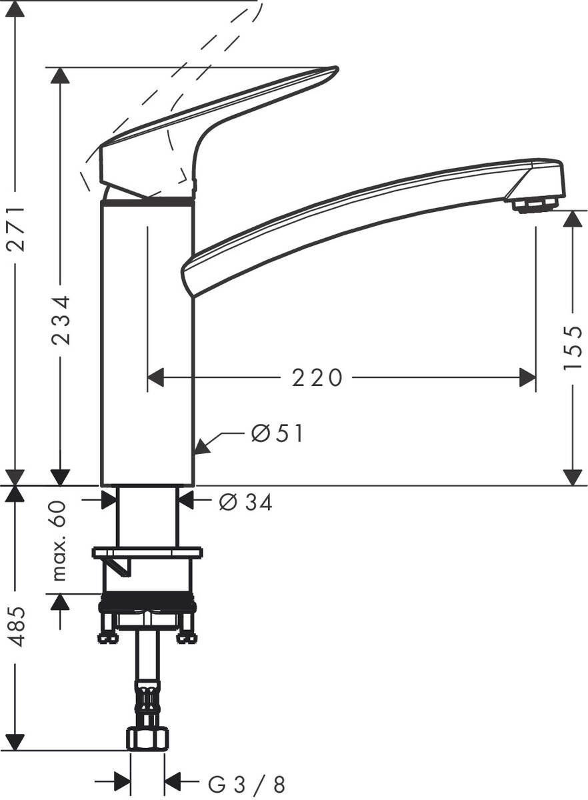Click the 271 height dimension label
16,229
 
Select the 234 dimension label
61,320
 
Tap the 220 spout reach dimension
317,378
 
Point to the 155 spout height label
573,348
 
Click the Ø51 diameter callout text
277,434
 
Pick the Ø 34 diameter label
246,503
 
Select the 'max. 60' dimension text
60,541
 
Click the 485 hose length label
16,626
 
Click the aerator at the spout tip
535,204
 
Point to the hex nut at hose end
147,739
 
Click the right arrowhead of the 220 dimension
528,378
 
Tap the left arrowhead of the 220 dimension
155,378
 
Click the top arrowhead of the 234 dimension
61,75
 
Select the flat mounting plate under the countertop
147,552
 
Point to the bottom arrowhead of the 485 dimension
16,742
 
